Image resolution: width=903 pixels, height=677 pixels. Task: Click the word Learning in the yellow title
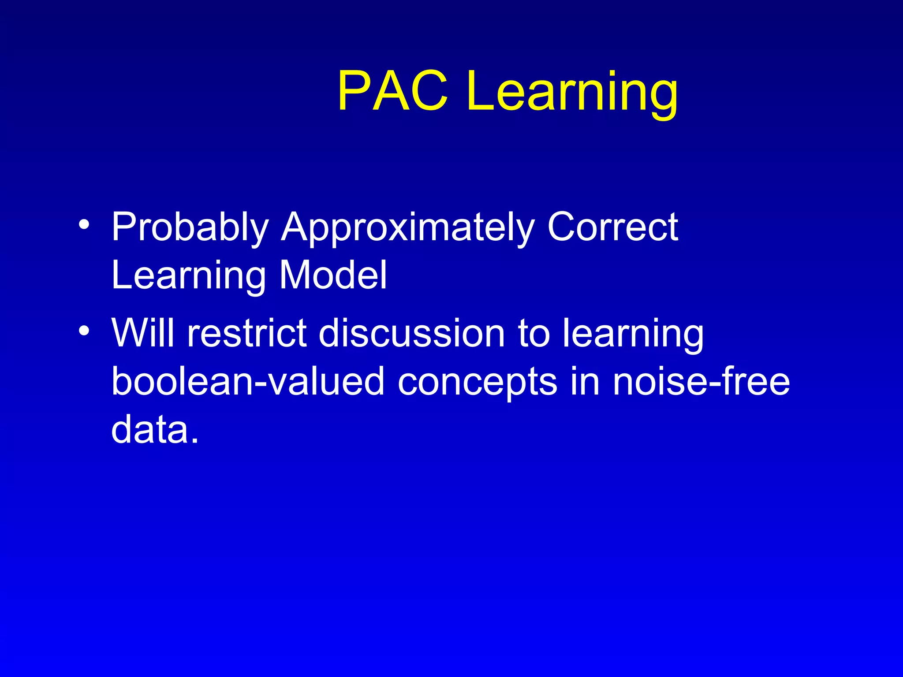[x=572, y=93]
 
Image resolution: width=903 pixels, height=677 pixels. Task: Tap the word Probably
[x=190, y=227]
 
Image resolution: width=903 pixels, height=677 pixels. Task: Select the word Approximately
[x=406, y=227]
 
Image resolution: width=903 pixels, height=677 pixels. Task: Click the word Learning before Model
[x=188, y=276]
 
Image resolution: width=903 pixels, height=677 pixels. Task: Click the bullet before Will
[x=84, y=330]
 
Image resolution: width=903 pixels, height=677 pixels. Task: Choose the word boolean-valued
[x=248, y=381]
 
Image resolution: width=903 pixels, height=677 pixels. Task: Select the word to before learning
[x=534, y=334]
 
